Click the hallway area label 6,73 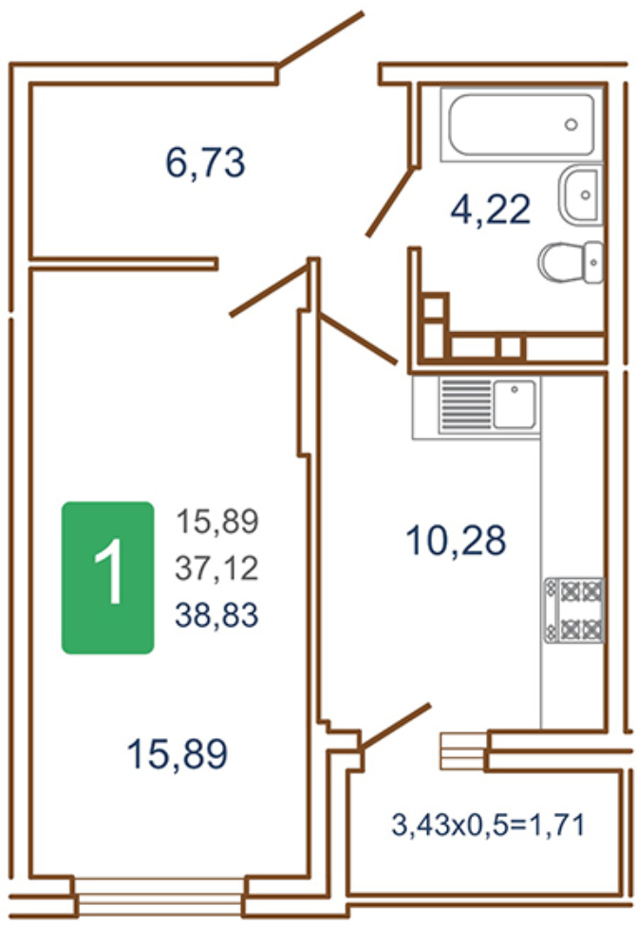coord(205,163)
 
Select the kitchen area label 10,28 coord(456,541)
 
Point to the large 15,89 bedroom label coord(178,754)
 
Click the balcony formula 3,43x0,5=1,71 coord(488,824)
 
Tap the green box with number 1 coord(108,578)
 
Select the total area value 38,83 coord(216,615)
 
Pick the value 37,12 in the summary coord(216,568)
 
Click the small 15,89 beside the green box coord(217,522)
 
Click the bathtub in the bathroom coord(522,124)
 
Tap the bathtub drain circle coord(571,124)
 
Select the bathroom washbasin coord(581,194)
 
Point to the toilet coord(571,262)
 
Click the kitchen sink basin coord(515,404)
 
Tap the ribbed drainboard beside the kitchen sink coord(466,404)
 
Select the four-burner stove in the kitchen coord(573,610)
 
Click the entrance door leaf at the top coord(321,39)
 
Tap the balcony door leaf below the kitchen coord(395,727)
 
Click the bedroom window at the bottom coord(159,897)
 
